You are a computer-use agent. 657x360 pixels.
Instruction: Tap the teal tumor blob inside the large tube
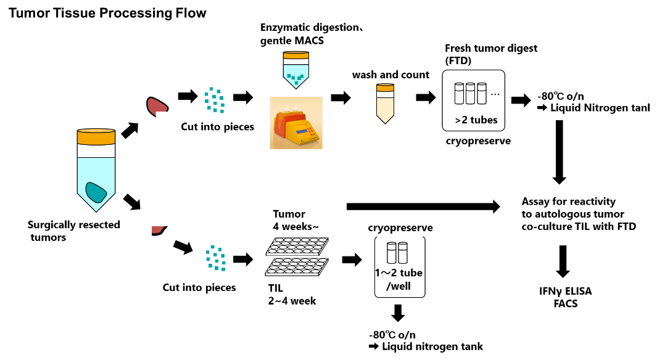96,192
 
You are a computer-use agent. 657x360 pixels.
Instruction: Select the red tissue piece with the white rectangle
155,106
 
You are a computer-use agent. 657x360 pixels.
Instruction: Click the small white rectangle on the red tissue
162,115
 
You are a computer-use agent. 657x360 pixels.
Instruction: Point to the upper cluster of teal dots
214,100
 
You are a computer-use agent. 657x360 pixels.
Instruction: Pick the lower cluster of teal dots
215,258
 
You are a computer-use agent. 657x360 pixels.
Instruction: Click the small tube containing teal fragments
296,69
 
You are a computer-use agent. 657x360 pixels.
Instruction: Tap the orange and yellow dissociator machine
296,123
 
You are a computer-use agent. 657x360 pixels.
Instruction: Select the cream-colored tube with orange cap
385,103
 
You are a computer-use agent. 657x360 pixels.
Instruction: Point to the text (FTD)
458,60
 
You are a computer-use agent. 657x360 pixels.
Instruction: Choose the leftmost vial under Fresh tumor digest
459,94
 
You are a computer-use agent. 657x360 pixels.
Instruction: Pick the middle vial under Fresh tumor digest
470,94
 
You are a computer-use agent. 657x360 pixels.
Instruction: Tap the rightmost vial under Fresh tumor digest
482,94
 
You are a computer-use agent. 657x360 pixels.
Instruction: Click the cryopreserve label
400,228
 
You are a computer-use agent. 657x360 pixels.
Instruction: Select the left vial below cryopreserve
392,253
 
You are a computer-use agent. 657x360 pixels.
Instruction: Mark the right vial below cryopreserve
403,253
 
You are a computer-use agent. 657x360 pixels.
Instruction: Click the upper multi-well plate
297,246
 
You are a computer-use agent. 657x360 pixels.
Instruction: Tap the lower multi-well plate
297,266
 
